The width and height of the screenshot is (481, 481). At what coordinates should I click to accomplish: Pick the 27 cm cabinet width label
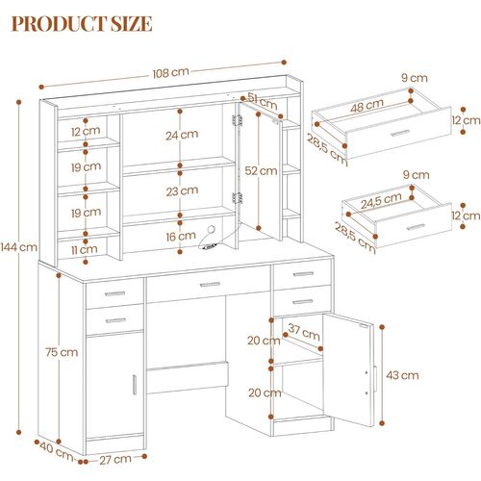(x=116, y=460)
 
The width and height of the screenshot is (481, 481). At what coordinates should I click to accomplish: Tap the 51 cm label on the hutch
(x=257, y=97)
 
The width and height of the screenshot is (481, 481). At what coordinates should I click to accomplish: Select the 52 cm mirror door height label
(x=254, y=170)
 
